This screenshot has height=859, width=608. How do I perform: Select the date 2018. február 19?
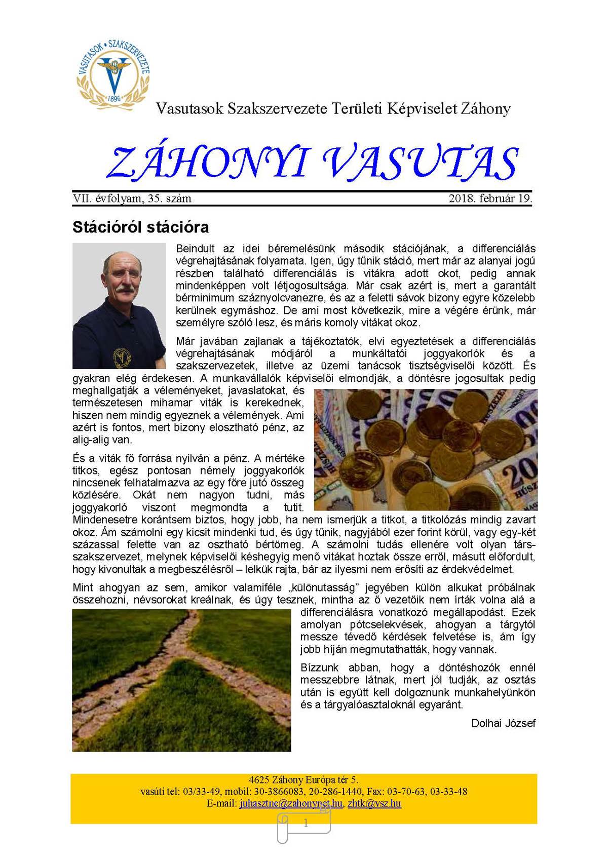(490, 199)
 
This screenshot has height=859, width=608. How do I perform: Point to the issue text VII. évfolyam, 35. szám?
(132, 199)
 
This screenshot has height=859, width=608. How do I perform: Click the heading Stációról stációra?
(140, 226)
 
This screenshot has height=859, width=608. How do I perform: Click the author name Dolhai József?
(503, 723)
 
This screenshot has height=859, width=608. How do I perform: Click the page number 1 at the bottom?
(306, 824)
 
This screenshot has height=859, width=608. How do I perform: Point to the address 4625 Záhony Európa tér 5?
(303, 779)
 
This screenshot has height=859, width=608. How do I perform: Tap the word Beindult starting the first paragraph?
(195, 249)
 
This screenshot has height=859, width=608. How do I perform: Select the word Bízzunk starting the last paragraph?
(319, 668)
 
